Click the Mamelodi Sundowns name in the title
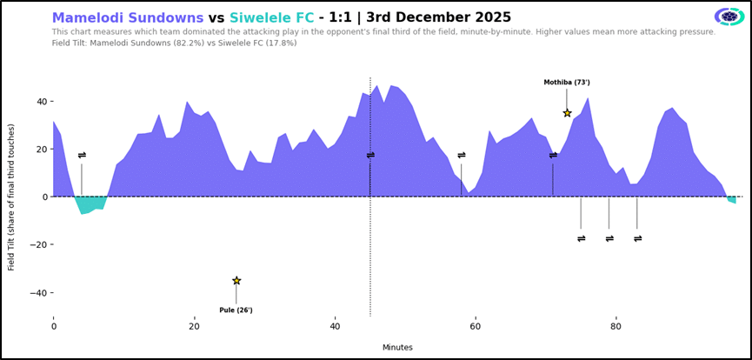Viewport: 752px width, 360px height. pyautogui.click(x=128, y=17)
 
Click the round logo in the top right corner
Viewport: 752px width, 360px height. pyautogui.click(x=729, y=17)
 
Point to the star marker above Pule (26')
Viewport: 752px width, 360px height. pyautogui.click(x=236, y=281)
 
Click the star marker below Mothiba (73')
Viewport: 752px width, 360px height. pyautogui.click(x=567, y=113)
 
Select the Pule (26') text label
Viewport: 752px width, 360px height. pyautogui.click(x=236, y=310)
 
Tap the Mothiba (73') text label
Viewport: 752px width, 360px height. pyautogui.click(x=567, y=83)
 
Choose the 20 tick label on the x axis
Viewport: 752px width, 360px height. pyautogui.click(x=194, y=327)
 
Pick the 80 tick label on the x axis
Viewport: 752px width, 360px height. pyautogui.click(x=616, y=327)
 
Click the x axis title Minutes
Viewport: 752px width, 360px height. pyautogui.click(x=397, y=347)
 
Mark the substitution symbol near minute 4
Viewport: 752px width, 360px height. pyautogui.click(x=82, y=156)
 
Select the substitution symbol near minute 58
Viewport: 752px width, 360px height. pyautogui.click(x=462, y=156)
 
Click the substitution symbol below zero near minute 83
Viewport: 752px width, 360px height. pyautogui.click(x=637, y=238)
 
